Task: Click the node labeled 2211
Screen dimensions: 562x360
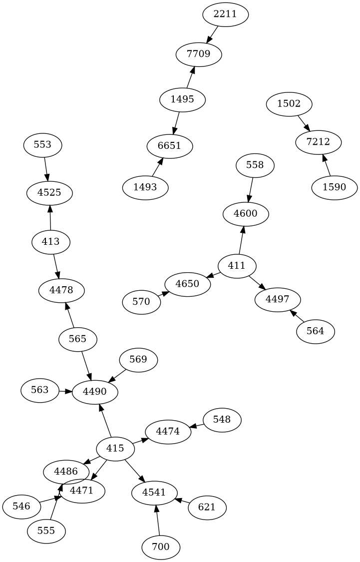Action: (225, 14)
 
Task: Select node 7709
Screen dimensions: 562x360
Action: (198, 53)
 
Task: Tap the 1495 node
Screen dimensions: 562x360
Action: (182, 99)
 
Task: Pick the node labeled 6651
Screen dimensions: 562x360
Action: (170, 146)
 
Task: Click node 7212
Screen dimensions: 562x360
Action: (318, 142)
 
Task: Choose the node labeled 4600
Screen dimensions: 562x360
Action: (246, 214)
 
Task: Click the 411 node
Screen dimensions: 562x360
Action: (237, 265)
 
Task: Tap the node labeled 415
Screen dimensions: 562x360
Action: (115, 449)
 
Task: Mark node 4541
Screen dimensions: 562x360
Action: (155, 493)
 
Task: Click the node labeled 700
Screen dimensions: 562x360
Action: (161, 547)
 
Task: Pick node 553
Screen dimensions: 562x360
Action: (42, 145)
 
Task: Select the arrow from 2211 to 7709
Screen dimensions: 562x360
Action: (213, 34)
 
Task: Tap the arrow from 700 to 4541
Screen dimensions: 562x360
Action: (158, 520)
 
